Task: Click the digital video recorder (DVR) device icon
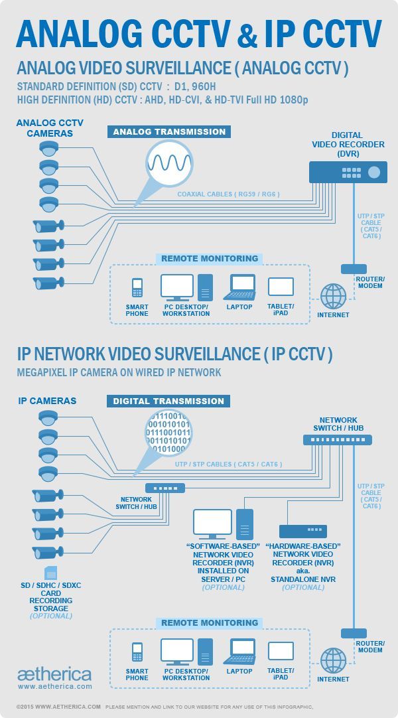point(348,172)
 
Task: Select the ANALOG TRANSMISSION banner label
point(169,132)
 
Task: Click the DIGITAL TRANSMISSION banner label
point(168,401)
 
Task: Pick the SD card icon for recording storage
point(51,573)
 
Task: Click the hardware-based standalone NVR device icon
point(303,531)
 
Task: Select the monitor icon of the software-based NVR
point(212,524)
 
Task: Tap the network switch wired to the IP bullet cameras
point(165,488)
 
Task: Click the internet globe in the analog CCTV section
point(333,296)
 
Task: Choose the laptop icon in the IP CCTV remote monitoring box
point(239,652)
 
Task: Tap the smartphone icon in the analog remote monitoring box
point(137,287)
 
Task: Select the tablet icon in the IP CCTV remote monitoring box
point(281,651)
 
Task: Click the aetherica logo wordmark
point(54,674)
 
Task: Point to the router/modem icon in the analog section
point(354,269)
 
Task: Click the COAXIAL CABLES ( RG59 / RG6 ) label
point(228,194)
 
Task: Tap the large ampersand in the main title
point(247,35)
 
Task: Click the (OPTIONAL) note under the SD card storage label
point(51,616)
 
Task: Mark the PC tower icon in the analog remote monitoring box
point(206,287)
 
